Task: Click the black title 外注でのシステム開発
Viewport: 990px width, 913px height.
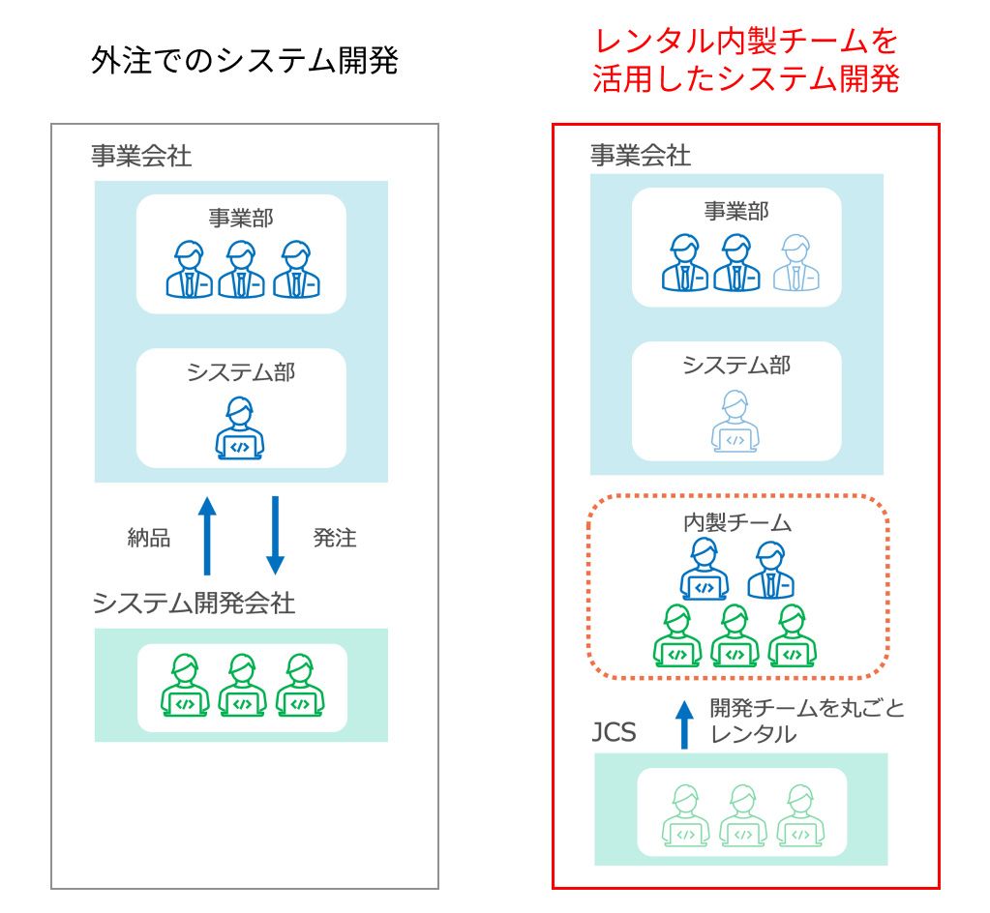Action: click(244, 61)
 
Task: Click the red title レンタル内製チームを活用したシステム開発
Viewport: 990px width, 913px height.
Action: click(746, 61)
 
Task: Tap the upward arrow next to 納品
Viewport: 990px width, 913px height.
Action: click(207, 536)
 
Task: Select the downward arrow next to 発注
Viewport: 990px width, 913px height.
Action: click(275, 536)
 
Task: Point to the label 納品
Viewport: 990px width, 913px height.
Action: click(149, 538)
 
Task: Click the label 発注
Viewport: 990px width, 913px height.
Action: click(335, 538)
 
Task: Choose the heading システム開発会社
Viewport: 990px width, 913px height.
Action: click(194, 604)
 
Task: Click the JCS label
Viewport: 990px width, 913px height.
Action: click(614, 732)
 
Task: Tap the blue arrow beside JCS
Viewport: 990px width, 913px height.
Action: click(684, 724)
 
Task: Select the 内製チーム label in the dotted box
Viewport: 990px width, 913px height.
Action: click(736, 522)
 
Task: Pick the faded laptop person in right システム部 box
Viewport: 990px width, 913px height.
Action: click(735, 421)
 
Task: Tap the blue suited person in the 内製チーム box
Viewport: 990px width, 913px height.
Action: click(770, 570)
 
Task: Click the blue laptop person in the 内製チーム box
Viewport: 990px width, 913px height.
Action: click(704, 569)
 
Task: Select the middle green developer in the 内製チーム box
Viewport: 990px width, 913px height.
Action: click(735, 635)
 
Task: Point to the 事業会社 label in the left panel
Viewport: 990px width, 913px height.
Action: click(141, 156)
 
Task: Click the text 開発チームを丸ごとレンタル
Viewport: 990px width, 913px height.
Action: click(807, 721)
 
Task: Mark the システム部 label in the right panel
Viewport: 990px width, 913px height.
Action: click(736, 365)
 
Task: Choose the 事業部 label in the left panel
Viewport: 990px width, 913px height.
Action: click(241, 218)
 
